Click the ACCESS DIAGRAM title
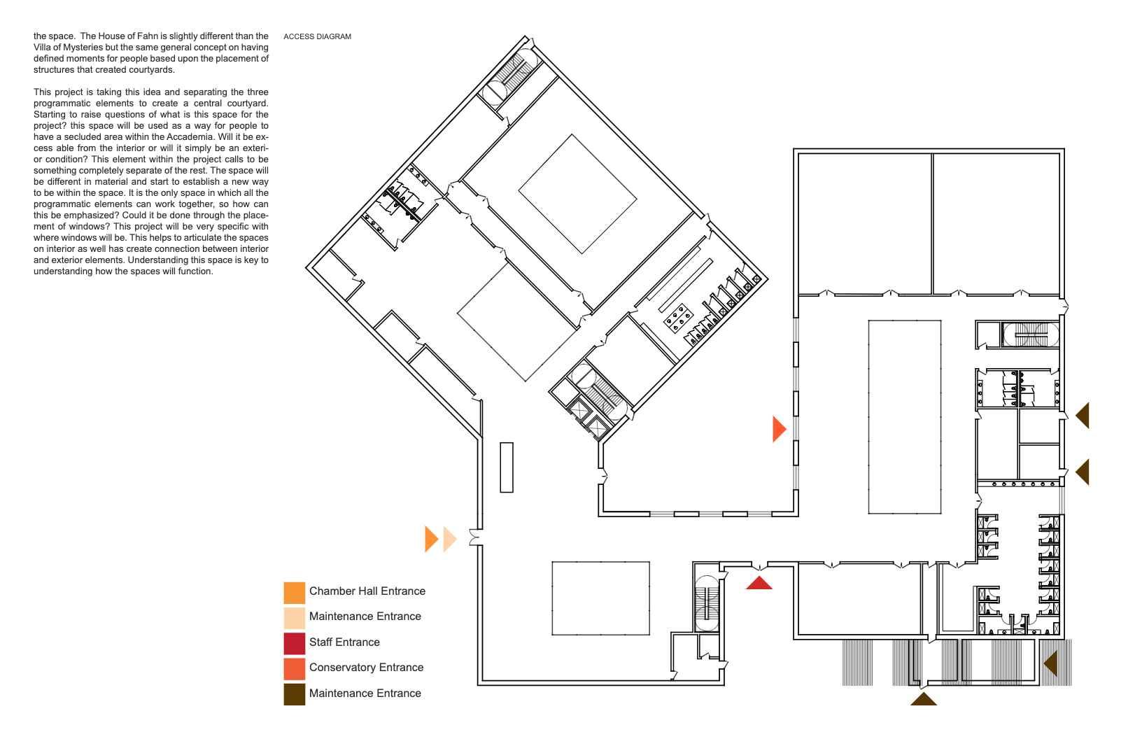[317, 36]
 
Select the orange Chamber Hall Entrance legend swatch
[294, 592]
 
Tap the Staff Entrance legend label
[344, 642]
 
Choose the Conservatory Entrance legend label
[366, 668]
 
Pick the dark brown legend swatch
[294, 694]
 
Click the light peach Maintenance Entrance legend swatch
[294, 618]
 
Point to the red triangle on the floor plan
[759, 583]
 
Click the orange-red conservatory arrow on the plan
[779, 429]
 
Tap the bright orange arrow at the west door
[431, 539]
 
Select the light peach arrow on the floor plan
[450, 539]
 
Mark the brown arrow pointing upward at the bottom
[923, 699]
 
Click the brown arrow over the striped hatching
[1051, 663]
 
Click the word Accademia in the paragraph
[190, 136]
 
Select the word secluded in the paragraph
[83, 136]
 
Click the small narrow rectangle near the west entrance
[506, 467]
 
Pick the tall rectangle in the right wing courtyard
[904, 416]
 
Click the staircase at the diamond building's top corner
[510, 76]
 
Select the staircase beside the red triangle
[707, 604]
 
